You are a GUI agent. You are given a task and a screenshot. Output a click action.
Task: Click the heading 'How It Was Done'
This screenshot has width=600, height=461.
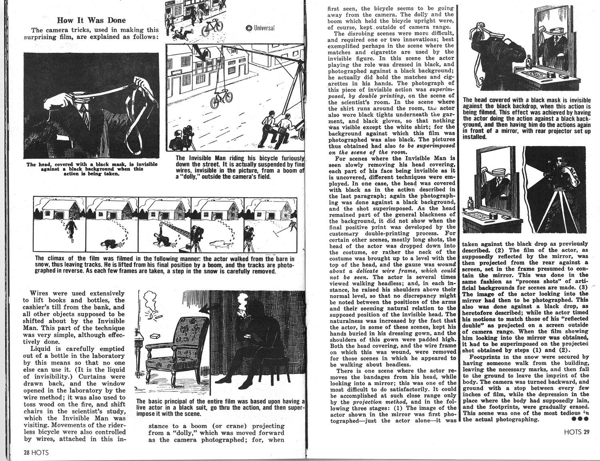[91, 20]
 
